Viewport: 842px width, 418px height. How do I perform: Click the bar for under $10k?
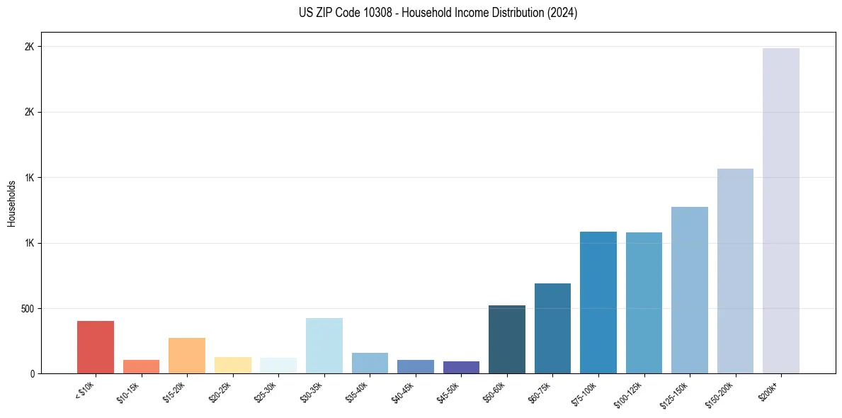tap(96, 347)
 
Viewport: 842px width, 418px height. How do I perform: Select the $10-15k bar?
tap(141, 367)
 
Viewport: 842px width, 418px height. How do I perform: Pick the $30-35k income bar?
tap(324, 346)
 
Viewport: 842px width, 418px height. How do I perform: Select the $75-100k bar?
tap(598, 303)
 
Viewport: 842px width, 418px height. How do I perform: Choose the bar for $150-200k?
tap(735, 271)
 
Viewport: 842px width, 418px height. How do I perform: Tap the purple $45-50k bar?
tap(461, 368)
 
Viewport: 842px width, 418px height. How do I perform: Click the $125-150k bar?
tap(690, 290)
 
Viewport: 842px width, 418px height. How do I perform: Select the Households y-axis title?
tap(11, 203)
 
